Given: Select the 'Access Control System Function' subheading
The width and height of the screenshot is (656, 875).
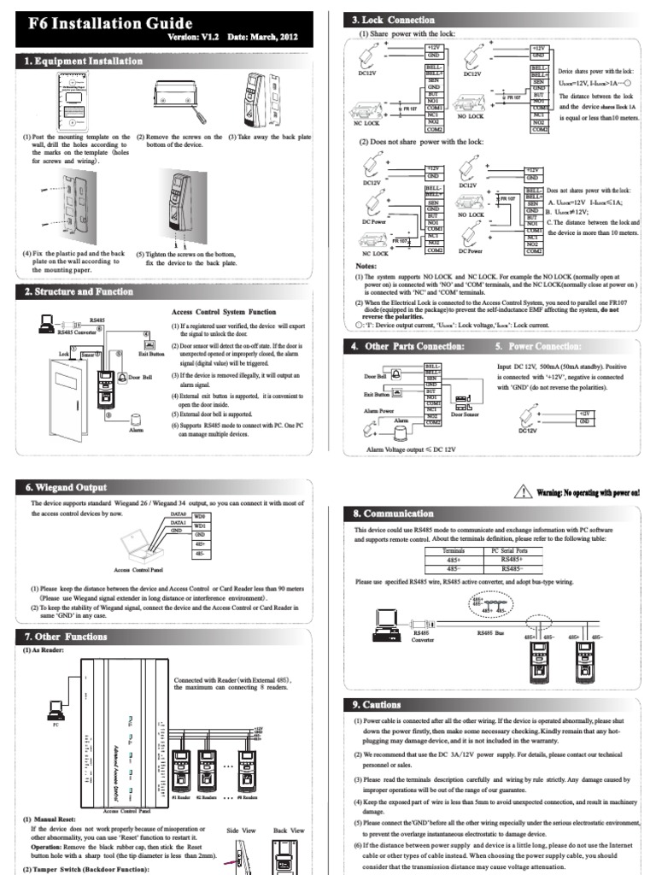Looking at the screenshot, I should (224, 312).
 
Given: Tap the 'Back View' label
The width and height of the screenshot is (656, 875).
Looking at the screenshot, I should (289, 830).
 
